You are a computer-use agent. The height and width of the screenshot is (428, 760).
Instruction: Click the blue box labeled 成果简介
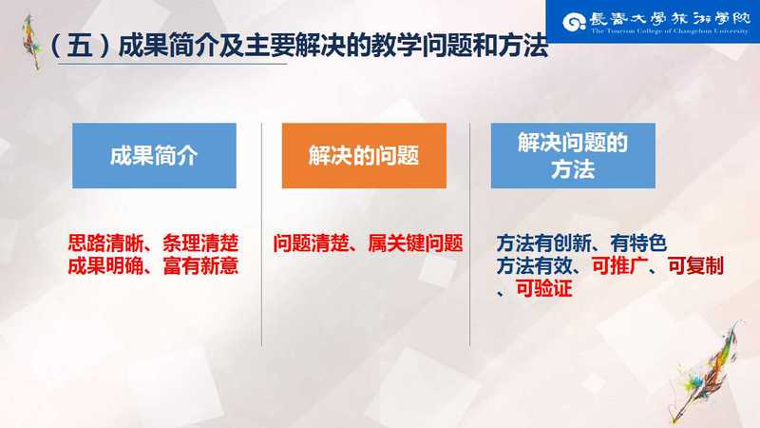click(154, 155)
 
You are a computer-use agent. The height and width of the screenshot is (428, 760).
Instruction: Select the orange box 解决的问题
click(364, 155)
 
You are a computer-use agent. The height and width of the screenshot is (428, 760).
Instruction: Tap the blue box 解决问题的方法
click(573, 155)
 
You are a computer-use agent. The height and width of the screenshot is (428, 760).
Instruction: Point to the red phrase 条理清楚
click(200, 243)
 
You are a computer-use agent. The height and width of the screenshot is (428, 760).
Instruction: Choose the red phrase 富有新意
click(200, 266)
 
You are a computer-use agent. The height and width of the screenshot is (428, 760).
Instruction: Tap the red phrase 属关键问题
click(415, 243)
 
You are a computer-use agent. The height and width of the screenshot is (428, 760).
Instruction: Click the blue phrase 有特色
click(638, 243)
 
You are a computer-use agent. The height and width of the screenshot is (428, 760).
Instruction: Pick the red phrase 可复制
click(695, 266)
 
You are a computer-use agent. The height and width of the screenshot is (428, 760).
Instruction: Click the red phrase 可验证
click(543, 289)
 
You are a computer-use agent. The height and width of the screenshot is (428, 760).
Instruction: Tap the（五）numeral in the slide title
click(80, 47)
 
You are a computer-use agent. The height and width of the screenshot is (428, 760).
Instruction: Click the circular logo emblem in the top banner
click(575, 22)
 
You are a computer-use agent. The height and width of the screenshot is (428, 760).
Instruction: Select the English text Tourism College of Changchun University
click(670, 31)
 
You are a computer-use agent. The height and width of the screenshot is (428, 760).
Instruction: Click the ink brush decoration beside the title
click(31, 42)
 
